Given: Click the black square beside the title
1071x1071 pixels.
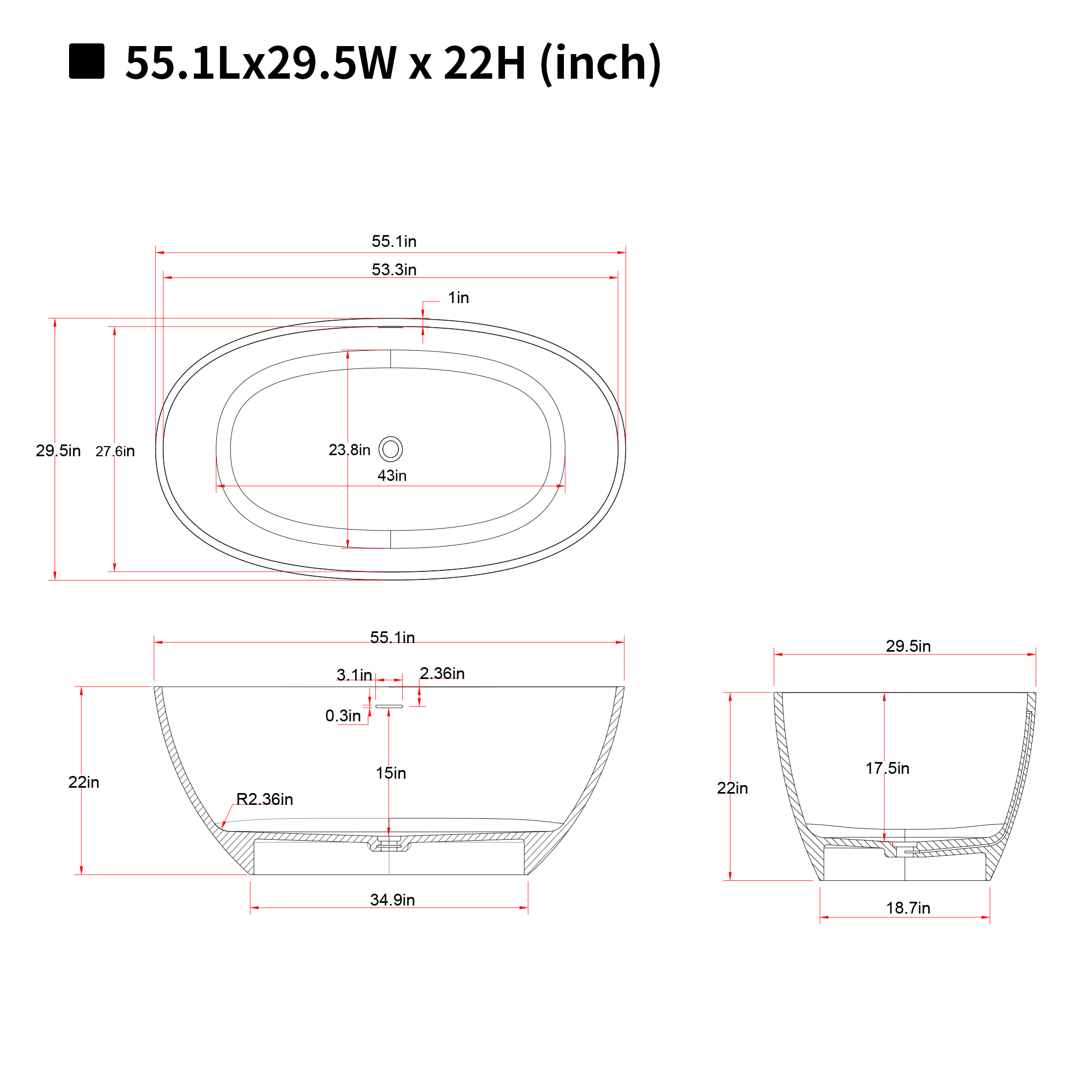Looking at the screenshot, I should pyautogui.click(x=86, y=61).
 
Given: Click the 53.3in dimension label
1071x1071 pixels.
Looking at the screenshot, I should pyautogui.click(x=394, y=269).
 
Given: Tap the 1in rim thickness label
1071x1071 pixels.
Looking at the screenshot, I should pyautogui.click(x=458, y=298).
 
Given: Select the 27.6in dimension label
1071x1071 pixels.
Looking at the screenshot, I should pyautogui.click(x=115, y=451).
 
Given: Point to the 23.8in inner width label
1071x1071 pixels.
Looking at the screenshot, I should pyautogui.click(x=349, y=450).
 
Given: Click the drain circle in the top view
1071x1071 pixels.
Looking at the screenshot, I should pyautogui.click(x=390, y=449).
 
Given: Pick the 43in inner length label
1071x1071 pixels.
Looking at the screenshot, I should pyautogui.click(x=392, y=476).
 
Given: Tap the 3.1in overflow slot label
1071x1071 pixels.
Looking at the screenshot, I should pyautogui.click(x=353, y=675).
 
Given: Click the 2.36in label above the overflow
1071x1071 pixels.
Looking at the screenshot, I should pyautogui.click(x=442, y=673).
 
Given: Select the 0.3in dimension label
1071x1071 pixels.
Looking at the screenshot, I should pyautogui.click(x=343, y=715).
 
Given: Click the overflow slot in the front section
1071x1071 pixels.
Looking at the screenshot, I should pyautogui.click(x=389, y=706).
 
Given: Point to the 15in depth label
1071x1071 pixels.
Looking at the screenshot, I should pyautogui.click(x=391, y=773).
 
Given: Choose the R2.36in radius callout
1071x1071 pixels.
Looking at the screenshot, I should pyautogui.click(x=265, y=799).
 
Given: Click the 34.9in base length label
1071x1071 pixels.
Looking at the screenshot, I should pyautogui.click(x=393, y=900).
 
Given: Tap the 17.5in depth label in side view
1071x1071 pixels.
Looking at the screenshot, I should pyautogui.click(x=887, y=768).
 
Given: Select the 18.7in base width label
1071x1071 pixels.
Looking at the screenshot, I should pyautogui.click(x=908, y=908).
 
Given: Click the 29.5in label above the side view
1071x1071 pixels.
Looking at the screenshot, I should pyautogui.click(x=908, y=646).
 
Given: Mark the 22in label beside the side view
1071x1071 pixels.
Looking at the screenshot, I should pyautogui.click(x=731, y=788).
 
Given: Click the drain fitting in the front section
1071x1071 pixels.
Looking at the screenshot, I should pyautogui.click(x=389, y=845).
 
